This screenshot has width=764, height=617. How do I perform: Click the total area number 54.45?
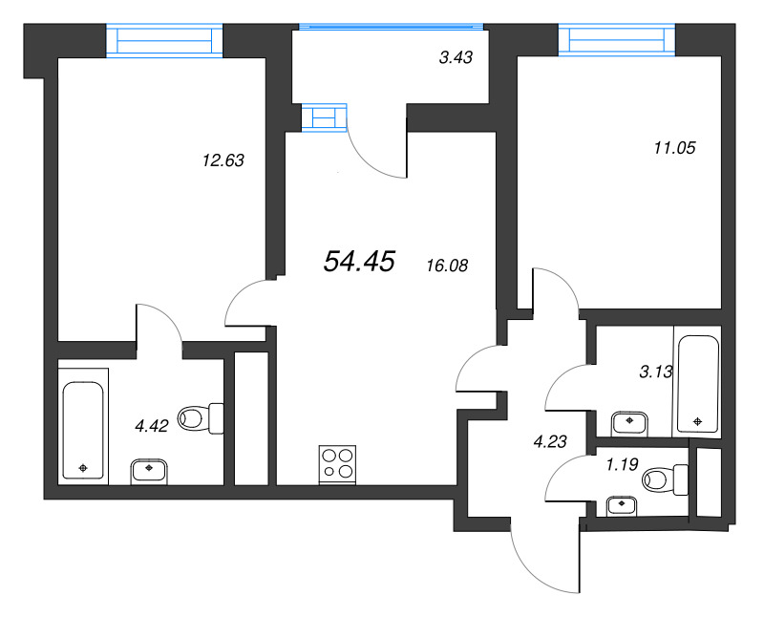(359, 262)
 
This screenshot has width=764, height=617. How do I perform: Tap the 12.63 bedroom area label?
(223, 160)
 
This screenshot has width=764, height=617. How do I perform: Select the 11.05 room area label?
(675, 147)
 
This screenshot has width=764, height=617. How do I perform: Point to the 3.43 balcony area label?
(456, 57)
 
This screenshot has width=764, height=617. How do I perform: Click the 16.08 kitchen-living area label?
(447, 266)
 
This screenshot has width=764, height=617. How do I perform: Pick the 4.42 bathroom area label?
(152, 426)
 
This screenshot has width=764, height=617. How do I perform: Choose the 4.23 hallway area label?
(550, 441)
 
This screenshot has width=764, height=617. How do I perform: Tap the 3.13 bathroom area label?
(656, 372)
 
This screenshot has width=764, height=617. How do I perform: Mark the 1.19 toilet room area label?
(623, 464)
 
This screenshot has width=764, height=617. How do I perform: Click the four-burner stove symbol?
(337, 464)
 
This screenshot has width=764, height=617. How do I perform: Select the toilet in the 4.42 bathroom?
(201, 418)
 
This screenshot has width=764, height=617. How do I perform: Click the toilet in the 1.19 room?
(665, 480)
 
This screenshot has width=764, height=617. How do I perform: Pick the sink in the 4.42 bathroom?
(149, 472)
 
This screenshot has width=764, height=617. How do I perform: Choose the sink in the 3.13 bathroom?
(629, 424)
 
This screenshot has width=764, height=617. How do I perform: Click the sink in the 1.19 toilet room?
(622, 506)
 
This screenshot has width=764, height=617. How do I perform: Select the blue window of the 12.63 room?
(164, 41)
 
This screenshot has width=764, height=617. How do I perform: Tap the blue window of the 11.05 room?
(617, 39)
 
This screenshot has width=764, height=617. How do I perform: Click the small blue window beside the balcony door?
(324, 117)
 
